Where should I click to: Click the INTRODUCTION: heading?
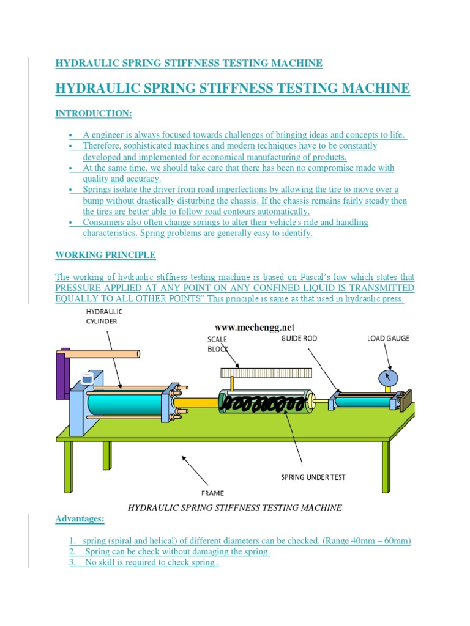click(x=93, y=114)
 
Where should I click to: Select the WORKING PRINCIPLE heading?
click(x=105, y=254)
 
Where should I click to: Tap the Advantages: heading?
click(x=80, y=519)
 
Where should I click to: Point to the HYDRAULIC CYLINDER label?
click(x=103, y=316)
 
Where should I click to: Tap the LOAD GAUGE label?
click(x=389, y=337)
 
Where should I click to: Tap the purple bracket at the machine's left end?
click(x=62, y=373)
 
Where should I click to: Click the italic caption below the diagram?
click(x=234, y=507)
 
